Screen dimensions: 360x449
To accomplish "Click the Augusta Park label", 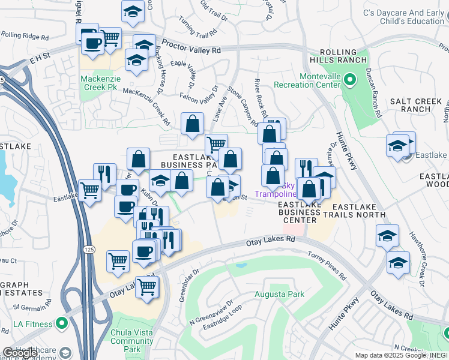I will coord(279,294).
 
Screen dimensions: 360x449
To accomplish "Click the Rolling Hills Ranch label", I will coord(339,56).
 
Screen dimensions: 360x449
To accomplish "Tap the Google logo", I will coord(20,353).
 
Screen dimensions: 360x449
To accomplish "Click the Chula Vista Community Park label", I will coord(133,341).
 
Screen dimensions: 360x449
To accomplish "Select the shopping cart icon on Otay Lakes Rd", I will coord(147,287).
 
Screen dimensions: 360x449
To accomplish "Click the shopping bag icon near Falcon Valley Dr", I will coord(192,124).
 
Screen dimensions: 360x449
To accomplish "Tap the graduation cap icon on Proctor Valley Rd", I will coord(144,45).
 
